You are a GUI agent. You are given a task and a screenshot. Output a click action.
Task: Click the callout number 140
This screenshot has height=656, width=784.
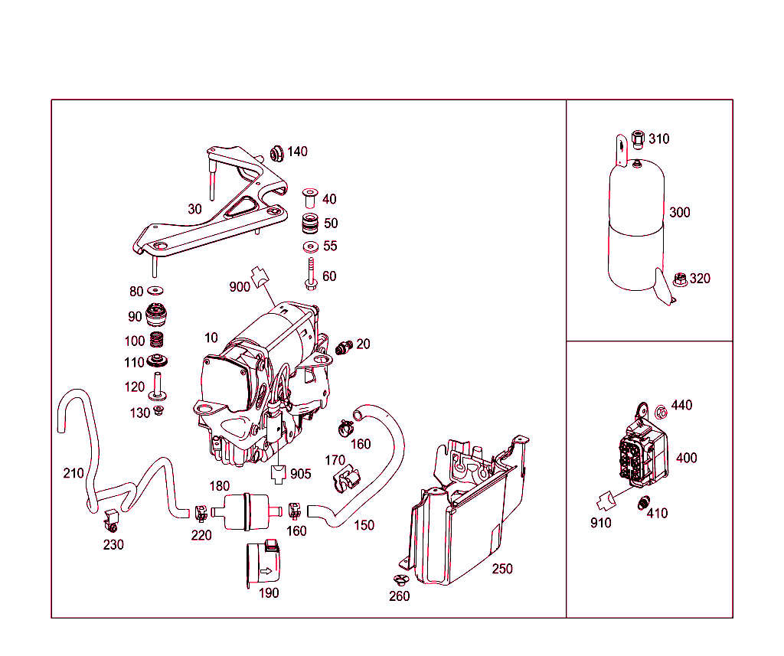coord(297,152)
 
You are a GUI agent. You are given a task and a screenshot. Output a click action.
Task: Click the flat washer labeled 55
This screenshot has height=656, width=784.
coord(311,246)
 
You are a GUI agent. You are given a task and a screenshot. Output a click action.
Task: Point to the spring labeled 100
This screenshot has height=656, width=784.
coord(157,341)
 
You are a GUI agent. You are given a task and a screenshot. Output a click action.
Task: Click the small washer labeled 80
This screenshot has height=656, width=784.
coord(157,291)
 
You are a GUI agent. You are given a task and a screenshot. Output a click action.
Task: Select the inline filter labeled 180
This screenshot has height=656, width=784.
coord(245,511)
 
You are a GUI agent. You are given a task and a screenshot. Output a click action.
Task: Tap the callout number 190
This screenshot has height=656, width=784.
coord(268,592)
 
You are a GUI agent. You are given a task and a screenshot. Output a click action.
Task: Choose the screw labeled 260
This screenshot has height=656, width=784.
coord(398,581)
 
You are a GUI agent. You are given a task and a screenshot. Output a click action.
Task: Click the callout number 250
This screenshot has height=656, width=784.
coord(502,569)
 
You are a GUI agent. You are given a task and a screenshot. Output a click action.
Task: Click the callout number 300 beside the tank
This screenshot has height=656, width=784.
coord(679,212)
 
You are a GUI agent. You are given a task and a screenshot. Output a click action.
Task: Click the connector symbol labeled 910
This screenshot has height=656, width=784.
coord(607,501)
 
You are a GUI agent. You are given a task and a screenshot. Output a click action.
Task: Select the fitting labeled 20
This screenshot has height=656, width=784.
coord(344,347)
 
